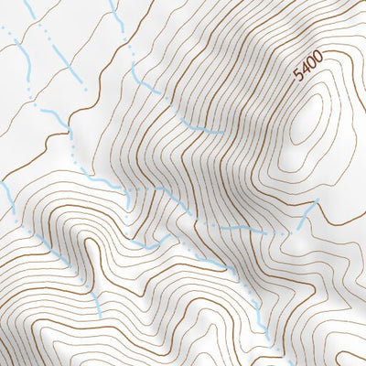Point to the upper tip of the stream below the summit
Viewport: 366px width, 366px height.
(317, 200)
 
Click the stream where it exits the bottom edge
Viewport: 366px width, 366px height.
(266, 362)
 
